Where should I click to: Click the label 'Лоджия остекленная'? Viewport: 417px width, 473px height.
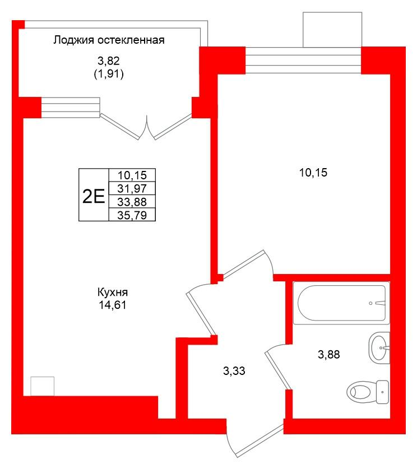tap(109, 40)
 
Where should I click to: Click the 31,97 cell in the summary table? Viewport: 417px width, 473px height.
tap(132, 188)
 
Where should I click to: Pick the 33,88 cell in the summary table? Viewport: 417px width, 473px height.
tap(132, 201)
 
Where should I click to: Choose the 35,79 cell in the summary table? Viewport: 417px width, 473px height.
tap(132, 214)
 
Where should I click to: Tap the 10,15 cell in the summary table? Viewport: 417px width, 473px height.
tap(132, 175)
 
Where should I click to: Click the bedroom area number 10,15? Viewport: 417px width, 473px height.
tap(313, 173)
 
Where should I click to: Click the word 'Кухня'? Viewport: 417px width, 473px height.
tap(113, 293)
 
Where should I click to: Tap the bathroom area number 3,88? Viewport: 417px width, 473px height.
tap(329, 354)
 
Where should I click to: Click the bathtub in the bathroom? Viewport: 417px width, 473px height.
tap(341, 304)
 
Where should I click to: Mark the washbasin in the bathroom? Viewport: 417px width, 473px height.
tap(380, 347)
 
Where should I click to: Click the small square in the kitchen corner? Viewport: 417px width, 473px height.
tap(42, 386)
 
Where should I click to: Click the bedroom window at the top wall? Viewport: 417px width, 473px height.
tap(303, 60)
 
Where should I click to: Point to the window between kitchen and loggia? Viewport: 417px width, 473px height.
tap(71, 107)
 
